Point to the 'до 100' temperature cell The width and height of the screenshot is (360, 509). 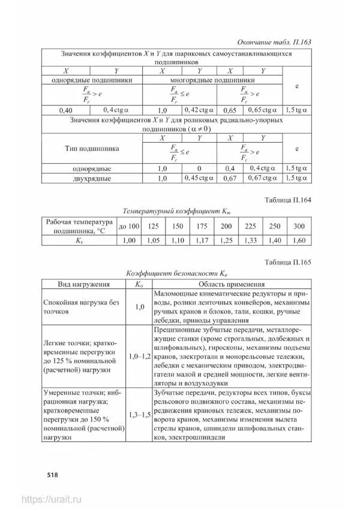point(129,226)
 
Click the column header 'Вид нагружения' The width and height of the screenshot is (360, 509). point(83,284)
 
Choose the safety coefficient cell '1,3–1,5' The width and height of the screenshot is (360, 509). point(140,414)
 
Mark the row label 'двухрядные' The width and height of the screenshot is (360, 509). point(91,178)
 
